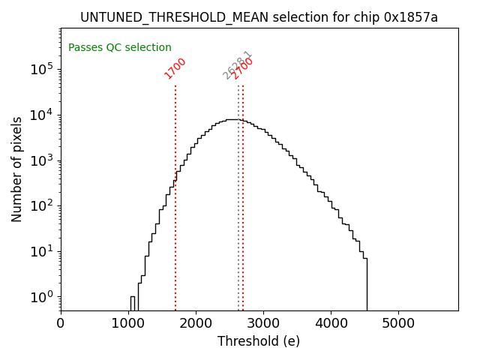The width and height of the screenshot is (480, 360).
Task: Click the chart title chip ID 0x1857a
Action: pyautogui.click(x=410, y=17)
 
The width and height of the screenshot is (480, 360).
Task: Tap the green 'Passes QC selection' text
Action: pyautogui.click(x=120, y=47)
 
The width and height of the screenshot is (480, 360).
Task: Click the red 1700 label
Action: pyautogui.click(x=175, y=68)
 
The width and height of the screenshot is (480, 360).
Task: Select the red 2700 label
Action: pyautogui.click(x=243, y=68)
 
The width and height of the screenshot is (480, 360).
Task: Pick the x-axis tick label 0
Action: pyautogui.click(x=61, y=324)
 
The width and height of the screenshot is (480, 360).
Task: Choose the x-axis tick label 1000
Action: pyautogui.click(x=128, y=324)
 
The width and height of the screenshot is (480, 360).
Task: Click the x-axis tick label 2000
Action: pyautogui.click(x=196, y=324)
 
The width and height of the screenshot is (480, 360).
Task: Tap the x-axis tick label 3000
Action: pyautogui.click(x=263, y=324)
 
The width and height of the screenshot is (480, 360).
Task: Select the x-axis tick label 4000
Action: pyautogui.click(x=331, y=324)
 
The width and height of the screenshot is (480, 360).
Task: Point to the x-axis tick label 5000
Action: pyautogui.click(x=398, y=324)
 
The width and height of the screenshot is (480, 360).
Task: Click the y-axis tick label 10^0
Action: pyautogui.click(x=42, y=297)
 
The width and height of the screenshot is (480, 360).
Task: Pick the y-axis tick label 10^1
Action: pyautogui.click(x=42, y=251)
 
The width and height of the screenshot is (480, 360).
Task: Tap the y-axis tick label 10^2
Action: pyautogui.click(x=42, y=205)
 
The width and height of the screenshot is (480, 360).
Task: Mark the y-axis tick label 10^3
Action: pyautogui.click(x=42, y=160)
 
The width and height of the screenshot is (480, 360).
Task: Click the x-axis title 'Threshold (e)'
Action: pyautogui.click(x=259, y=341)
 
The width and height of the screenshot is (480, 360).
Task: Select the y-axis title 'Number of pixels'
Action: pyautogui.click(x=17, y=169)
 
